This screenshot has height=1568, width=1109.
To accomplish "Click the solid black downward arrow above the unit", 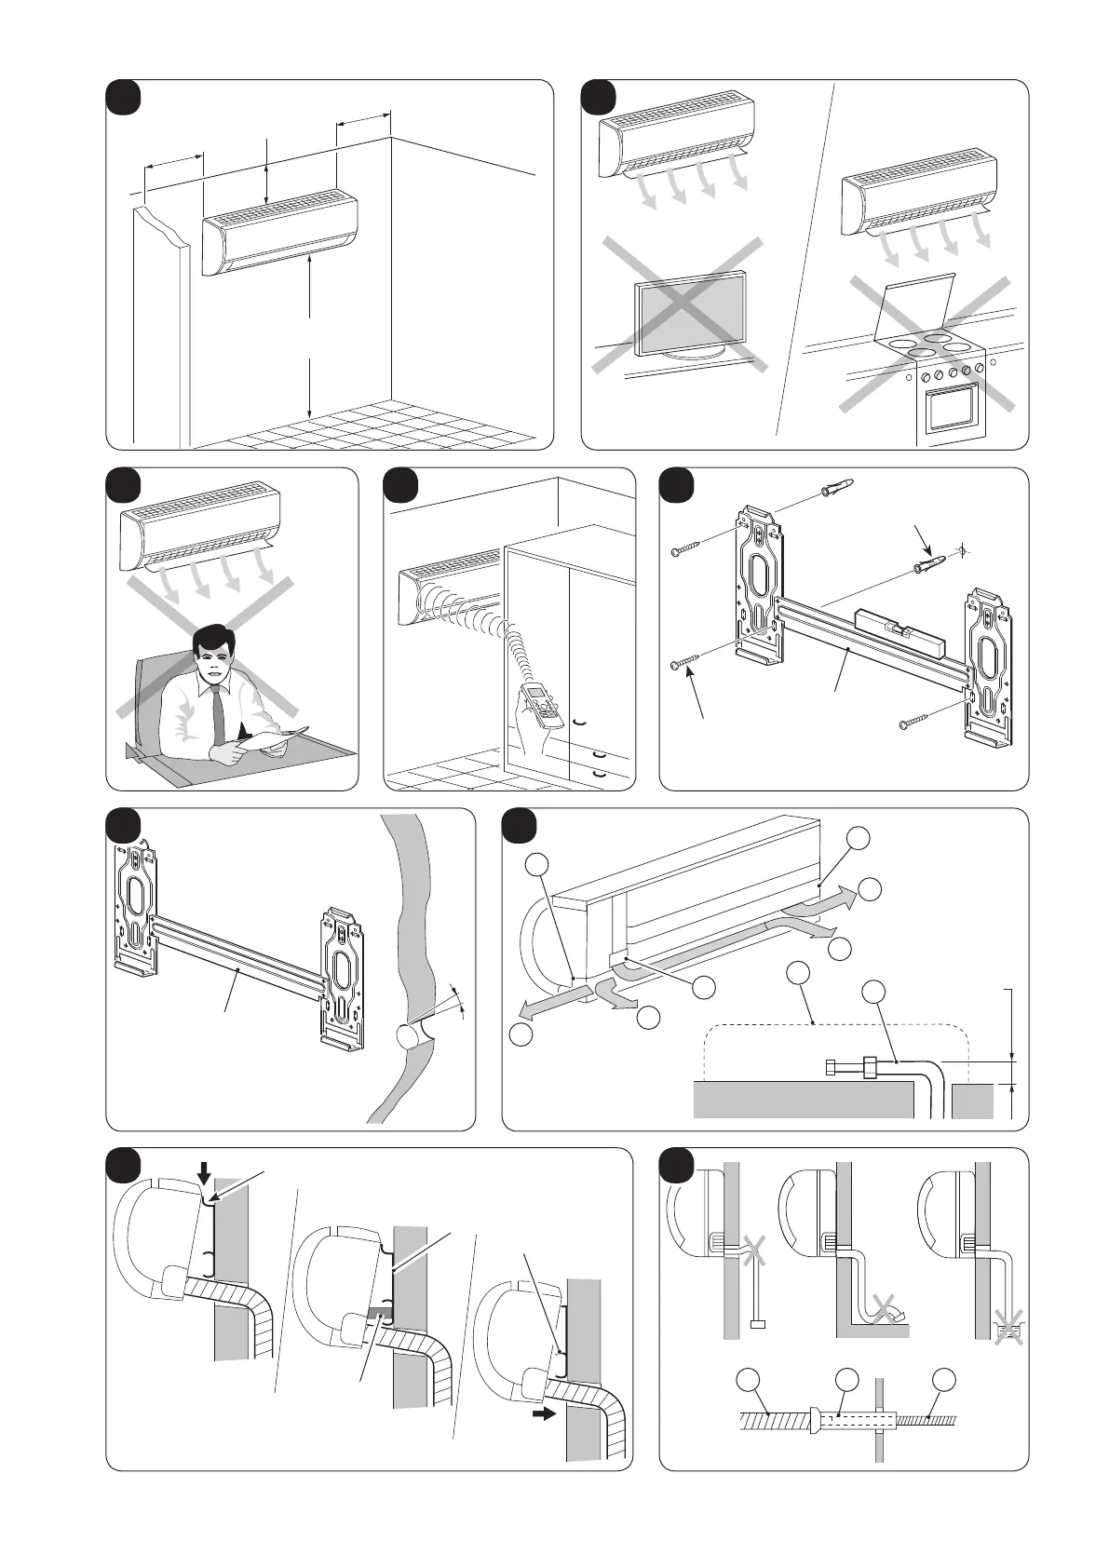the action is [x=205, y=1172].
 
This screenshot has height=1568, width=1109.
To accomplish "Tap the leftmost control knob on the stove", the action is [x=925, y=377].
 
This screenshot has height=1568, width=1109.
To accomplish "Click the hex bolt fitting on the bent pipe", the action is [x=841, y=1067].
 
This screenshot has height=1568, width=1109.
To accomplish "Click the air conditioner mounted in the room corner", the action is [x=279, y=231].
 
